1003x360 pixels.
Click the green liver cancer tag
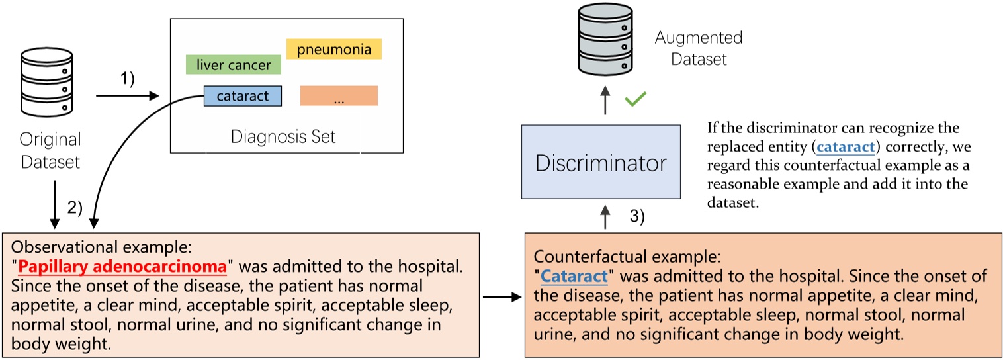point(234,65)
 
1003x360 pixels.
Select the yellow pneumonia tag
point(333,49)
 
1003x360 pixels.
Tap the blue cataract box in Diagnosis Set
point(243,96)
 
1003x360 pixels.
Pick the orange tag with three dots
point(339,96)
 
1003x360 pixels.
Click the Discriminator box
point(601,161)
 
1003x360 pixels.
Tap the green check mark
point(635,101)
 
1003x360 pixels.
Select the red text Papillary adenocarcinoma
point(122,267)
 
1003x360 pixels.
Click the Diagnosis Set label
point(283,137)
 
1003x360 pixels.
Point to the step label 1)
point(126,79)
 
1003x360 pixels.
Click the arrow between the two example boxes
point(503,297)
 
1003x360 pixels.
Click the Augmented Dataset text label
point(699,48)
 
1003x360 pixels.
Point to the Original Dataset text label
point(50,151)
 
